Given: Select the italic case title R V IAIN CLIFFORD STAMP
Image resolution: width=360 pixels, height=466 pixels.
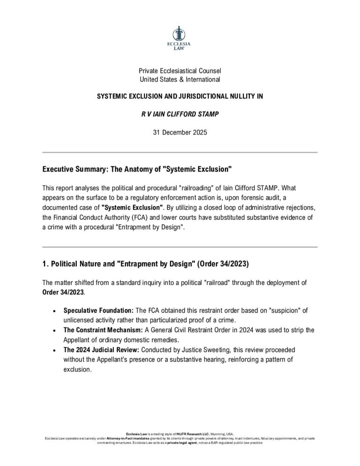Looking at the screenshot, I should (180, 114).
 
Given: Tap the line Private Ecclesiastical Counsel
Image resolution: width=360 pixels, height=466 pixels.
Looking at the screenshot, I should (180, 71).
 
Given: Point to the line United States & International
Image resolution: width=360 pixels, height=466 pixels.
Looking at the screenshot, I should (180, 79).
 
